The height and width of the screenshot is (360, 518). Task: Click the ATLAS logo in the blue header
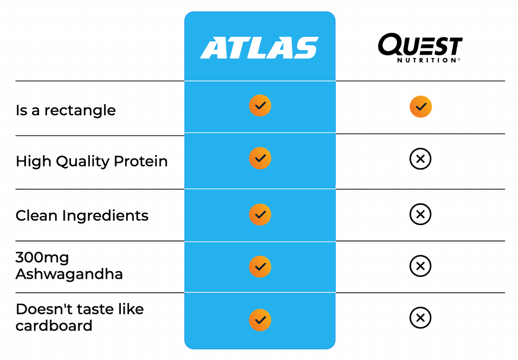(259, 48)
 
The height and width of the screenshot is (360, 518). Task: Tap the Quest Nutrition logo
(420, 48)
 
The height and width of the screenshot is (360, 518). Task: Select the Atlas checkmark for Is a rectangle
(260, 106)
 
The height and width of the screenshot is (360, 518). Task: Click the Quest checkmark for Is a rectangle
(421, 107)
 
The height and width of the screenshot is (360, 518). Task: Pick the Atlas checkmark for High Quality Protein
(260, 158)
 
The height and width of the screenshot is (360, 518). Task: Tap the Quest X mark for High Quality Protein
(420, 159)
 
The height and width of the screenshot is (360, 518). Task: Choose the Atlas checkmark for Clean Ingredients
(260, 215)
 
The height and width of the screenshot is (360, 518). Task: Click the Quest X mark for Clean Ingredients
(420, 214)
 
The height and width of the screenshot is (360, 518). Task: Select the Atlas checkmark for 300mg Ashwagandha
(260, 266)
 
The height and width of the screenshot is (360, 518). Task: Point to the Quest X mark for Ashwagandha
(420, 266)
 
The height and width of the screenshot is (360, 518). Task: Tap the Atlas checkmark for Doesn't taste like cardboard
(260, 320)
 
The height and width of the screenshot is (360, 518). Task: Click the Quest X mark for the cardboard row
(420, 318)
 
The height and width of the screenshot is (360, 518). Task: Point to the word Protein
(141, 161)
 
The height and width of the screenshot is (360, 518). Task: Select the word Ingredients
(105, 216)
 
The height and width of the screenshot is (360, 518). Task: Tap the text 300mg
(42, 258)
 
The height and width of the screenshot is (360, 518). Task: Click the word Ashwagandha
(69, 274)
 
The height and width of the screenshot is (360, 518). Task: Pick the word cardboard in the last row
(54, 325)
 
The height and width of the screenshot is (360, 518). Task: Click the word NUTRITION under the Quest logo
(427, 60)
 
